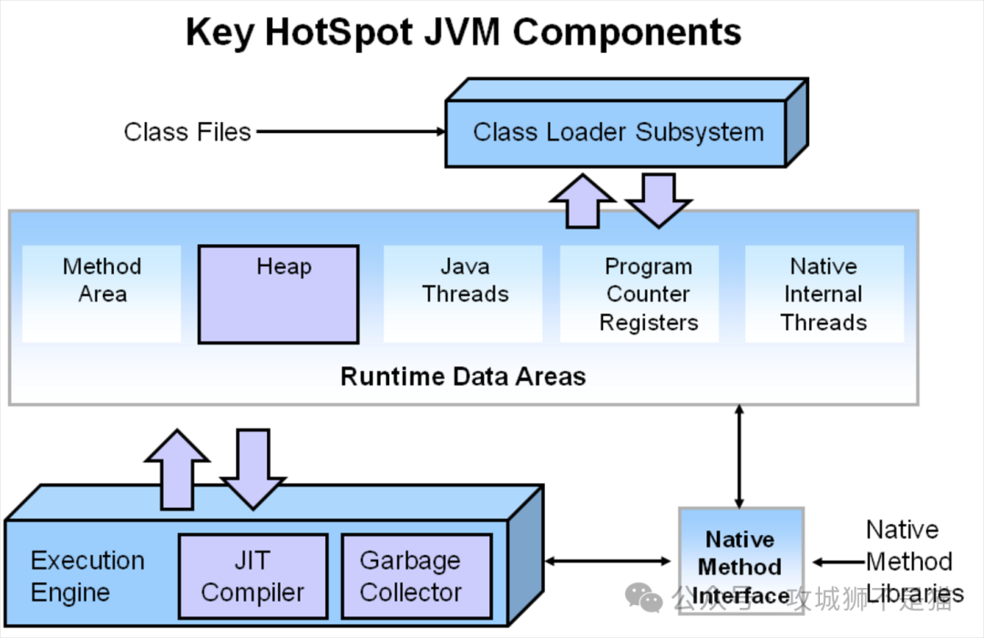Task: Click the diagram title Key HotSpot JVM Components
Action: (x=463, y=33)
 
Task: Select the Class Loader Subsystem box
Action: (x=617, y=132)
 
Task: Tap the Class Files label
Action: (x=187, y=132)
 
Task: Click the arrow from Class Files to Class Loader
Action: (x=350, y=132)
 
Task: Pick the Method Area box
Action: (x=102, y=293)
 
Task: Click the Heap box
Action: (x=278, y=294)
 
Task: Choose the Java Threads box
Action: (x=464, y=293)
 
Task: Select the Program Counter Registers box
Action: (x=649, y=294)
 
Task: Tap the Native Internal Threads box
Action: (x=824, y=294)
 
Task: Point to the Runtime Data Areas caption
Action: (x=463, y=376)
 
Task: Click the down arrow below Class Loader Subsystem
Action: (x=659, y=199)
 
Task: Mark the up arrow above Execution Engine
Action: (x=177, y=469)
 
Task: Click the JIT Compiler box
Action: (x=252, y=576)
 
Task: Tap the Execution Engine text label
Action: (x=87, y=576)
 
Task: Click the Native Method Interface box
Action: (x=741, y=567)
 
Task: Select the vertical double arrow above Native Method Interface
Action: (x=739, y=456)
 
